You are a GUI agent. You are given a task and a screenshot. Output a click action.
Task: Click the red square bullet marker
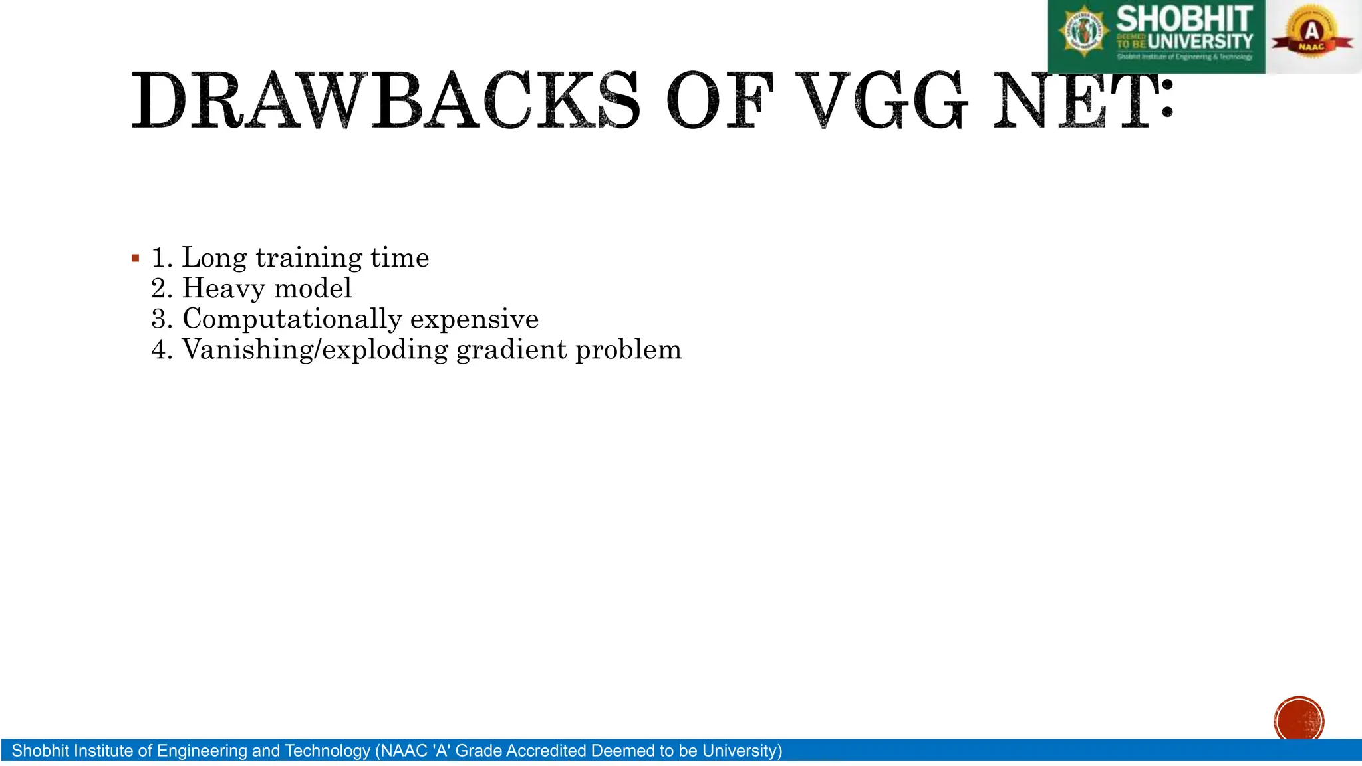click(136, 258)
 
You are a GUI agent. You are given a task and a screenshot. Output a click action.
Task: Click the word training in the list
click(309, 258)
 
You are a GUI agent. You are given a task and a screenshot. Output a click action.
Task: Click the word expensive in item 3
click(474, 319)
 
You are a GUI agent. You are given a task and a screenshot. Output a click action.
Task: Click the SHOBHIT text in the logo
click(1184, 19)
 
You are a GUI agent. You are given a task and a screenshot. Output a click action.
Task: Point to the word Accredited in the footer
click(546, 751)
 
